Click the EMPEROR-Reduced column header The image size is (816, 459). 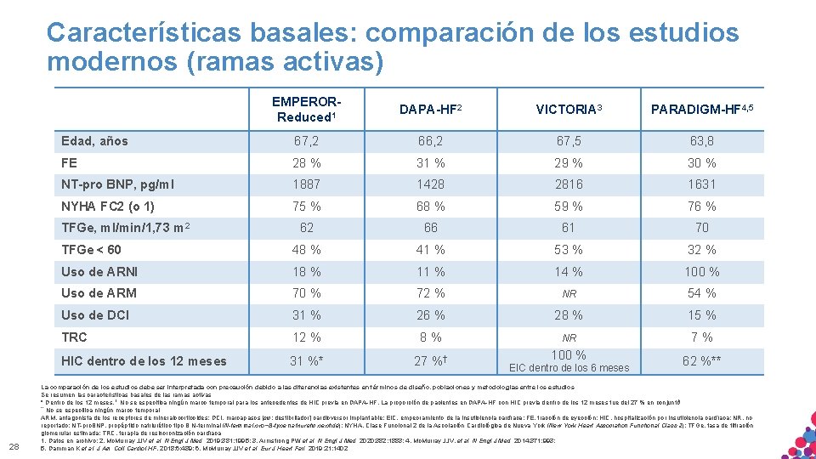307,109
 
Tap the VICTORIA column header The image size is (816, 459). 568,110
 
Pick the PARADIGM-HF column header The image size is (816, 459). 701,110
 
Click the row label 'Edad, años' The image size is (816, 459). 94,141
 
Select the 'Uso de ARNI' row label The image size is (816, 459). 99,272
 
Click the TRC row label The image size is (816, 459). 74,337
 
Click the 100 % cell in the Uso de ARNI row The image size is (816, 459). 701,272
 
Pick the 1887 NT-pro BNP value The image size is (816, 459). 307,184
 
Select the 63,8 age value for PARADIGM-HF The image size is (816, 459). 701,141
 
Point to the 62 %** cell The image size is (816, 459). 701,361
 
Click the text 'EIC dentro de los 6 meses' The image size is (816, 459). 568,368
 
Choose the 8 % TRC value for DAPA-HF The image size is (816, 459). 431,337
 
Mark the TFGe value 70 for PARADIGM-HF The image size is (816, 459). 701,228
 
